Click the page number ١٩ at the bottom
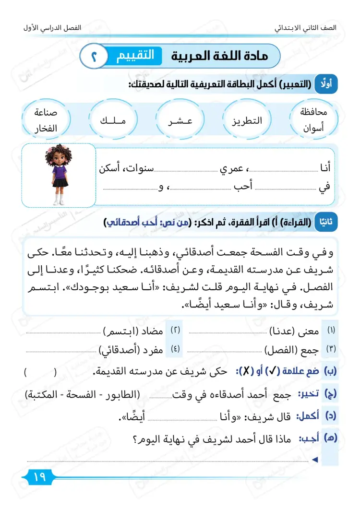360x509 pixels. (35, 477)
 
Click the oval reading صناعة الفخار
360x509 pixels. (46, 120)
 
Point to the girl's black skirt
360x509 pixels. (60, 182)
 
